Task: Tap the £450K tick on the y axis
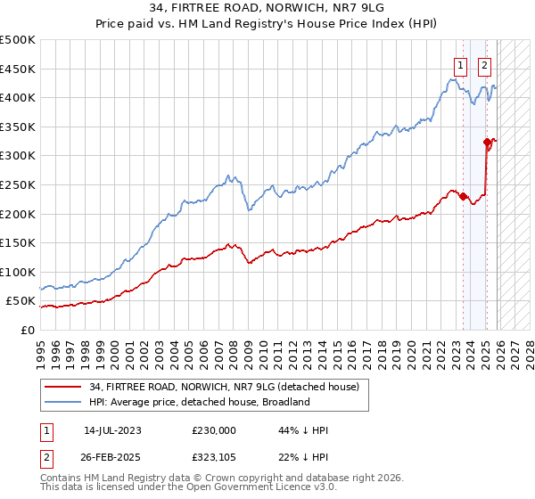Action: click(x=18, y=69)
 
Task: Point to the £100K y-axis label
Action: click(x=18, y=272)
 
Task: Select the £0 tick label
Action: click(x=29, y=330)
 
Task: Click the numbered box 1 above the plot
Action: click(x=460, y=64)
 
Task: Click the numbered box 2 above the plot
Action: click(x=485, y=64)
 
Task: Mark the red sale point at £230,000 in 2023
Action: click(x=463, y=197)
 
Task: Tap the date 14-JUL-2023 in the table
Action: click(x=113, y=430)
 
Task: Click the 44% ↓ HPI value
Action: click(x=303, y=430)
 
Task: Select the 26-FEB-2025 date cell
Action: click(x=113, y=457)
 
